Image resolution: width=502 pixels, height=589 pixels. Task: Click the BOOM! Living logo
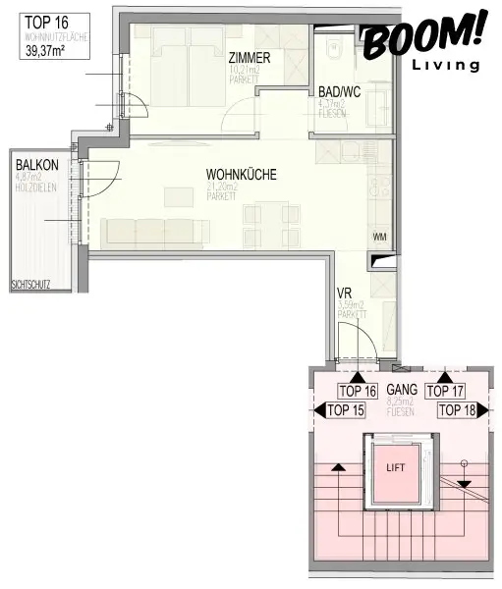point(423,44)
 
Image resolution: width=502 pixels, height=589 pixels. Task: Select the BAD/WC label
point(340,93)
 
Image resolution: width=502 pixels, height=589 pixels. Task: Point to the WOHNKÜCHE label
point(241,175)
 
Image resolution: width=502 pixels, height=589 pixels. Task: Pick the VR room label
point(344,294)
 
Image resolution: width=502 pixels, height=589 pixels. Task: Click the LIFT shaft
point(394,467)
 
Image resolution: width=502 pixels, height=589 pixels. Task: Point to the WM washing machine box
point(379,237)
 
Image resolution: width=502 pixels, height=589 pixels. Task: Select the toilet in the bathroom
point(333,45)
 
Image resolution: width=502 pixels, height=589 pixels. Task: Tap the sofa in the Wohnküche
point(155,231)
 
